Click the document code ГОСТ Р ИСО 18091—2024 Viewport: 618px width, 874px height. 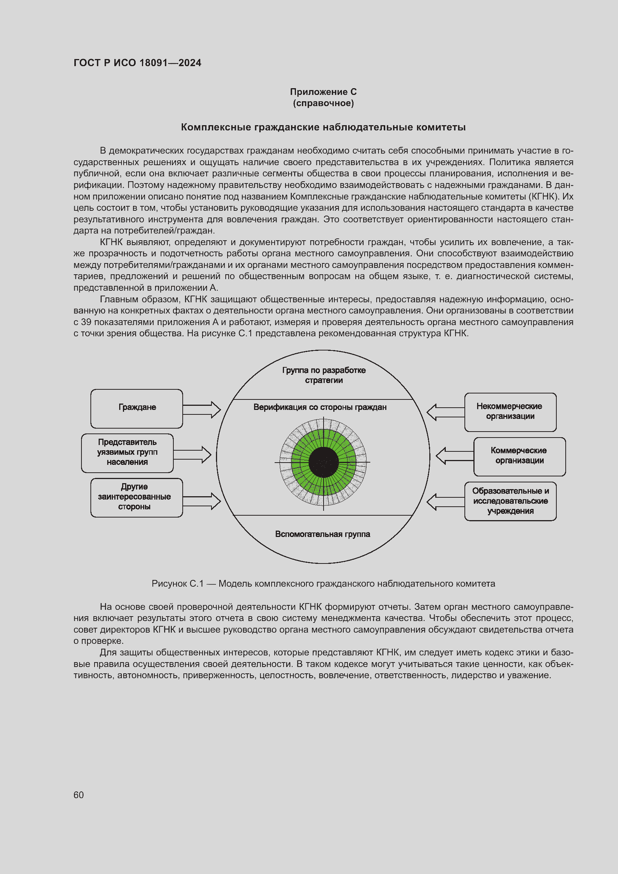[137, 63]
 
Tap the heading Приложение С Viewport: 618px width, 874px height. [323, 92]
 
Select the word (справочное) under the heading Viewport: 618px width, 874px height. [323, 103]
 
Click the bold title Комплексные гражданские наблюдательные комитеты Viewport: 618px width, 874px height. [323, 127]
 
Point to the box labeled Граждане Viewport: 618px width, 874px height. [137, 408]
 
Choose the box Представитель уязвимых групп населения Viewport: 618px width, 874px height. [127, 453]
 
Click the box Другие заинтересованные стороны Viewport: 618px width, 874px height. [137, 497]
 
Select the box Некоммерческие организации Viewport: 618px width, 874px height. [510, 412]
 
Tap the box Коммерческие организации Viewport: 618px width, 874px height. [519, 456]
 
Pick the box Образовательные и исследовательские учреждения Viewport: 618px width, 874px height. [510, 501]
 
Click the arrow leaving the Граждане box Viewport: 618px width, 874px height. [202, 410]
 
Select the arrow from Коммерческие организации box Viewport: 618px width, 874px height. [455, 456]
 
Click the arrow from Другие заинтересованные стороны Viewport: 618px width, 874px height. [202, 501]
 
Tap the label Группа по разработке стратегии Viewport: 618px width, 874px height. [324, 375]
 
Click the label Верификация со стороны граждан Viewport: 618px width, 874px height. [320, 407]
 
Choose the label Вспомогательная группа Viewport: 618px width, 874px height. [322, 534]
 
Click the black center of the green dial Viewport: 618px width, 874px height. [324, 462]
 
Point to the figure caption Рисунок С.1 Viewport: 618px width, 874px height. [323, 584]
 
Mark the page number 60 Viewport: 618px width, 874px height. [79, 795]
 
